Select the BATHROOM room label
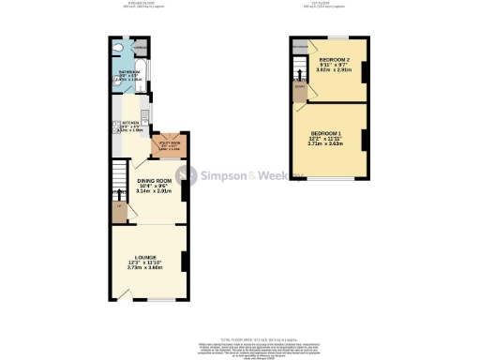click(x=128, y=72)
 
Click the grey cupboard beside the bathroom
click(x=140, y=46)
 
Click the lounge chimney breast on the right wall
click(x=184, y=262)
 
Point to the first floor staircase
click(x=299, y=69)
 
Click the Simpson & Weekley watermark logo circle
click(x=187, y=175)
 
